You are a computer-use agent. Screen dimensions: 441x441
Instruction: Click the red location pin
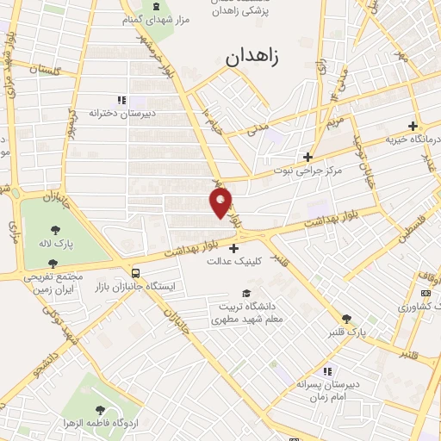(x=221, y=202)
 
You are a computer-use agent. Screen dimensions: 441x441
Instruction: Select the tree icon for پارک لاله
(x=56, y=230)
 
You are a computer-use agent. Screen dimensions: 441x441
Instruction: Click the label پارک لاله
(x=56, y=245)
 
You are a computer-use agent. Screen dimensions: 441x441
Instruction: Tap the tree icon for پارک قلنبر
(x=346, y=318)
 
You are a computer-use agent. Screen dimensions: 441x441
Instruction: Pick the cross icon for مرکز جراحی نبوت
(x=307, y=157)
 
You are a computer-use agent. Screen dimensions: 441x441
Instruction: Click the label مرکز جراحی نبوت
(x=307, y=171)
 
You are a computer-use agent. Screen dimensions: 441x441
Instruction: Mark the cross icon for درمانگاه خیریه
(x=413, y=126)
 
